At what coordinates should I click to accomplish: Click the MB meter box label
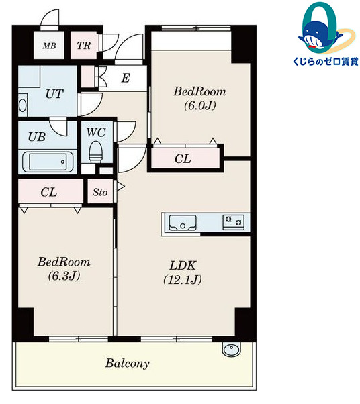(x=49, y=46)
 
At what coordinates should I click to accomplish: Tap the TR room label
(x=84, y=46)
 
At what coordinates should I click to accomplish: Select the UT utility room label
(x=54, y=94)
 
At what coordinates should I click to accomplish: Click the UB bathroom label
(x=37, y=137)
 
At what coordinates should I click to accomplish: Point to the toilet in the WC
(x=96, y=152)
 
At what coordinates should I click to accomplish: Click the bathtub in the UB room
(x=48, y=162)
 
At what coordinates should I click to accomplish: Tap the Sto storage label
(x=100, y=192)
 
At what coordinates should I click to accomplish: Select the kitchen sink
(x=183, y=222)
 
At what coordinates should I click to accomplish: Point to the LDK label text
(x=183, y=266)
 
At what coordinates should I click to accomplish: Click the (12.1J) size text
(x=183, y=280)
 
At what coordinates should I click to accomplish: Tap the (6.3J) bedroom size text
(x=64, y=276)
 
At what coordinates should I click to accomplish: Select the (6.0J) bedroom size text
(x=200, y=105)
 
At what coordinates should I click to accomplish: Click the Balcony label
(x=128, y=364)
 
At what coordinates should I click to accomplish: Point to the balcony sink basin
(x=232, y=350)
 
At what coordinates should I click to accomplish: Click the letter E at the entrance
(x=126, y=78)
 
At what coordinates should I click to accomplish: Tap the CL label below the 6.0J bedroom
(x=183, y=159)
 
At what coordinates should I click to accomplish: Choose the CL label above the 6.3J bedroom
(x=49, y=192)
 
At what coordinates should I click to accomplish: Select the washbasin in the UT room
(x=23, y=105)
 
